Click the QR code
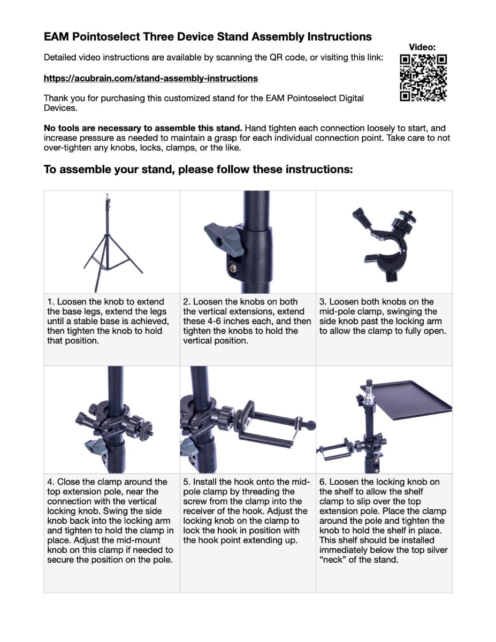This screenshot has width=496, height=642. pyautogui.click(x=423, y=78)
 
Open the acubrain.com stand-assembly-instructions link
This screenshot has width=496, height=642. pyautogui.click(x=150, y=79)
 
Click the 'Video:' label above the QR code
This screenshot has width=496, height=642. pyautogui.click(x=422, y=48)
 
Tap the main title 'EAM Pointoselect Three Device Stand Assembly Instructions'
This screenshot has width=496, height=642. pyautogui.click(x=208, y=37)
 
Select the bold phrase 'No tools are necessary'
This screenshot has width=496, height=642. pyautogui.click(x=89, y=128)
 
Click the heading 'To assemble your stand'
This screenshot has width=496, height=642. pyautogui.click(x=198, y=170)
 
